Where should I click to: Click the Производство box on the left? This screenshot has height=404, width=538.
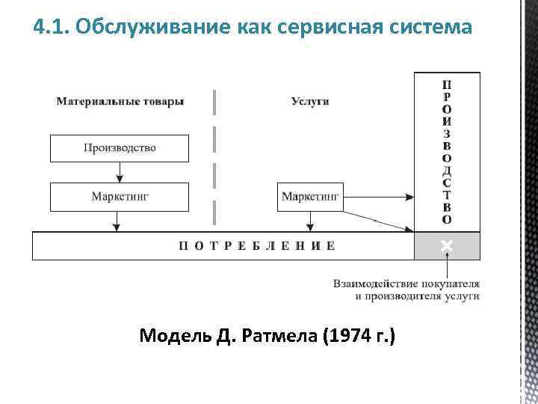(120, 148)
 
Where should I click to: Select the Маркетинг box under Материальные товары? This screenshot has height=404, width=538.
(120, 198)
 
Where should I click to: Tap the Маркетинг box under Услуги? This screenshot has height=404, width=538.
(310, 198)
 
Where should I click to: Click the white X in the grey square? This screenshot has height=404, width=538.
(447, 245)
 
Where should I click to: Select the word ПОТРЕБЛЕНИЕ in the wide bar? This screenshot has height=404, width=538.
(256, 245)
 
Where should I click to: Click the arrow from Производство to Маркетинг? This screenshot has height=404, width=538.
(120, 173)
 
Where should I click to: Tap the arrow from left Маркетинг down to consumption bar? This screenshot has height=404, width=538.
(116, 221)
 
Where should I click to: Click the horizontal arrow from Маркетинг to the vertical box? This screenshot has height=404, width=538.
(377, 198)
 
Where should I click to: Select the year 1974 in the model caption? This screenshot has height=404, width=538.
(351, 336)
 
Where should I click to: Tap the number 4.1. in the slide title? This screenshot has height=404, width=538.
(52, 28)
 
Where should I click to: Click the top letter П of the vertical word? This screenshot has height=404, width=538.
(446, 85)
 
